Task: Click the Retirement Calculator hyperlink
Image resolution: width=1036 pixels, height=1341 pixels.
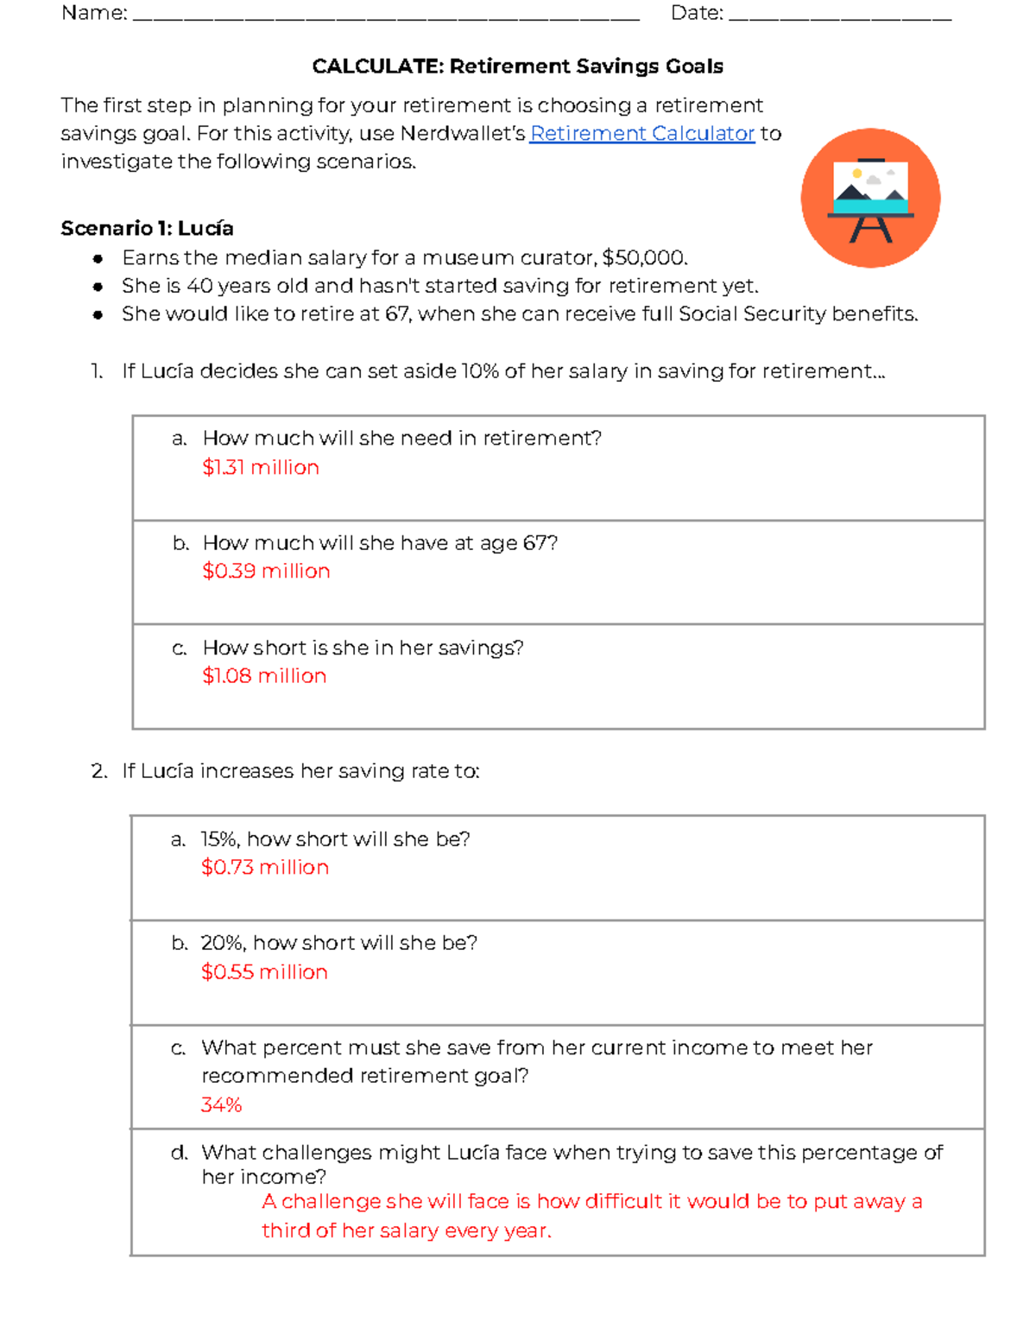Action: (641, 134)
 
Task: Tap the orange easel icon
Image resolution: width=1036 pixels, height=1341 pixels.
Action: (870, 198)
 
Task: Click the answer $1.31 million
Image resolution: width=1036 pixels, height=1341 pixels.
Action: (261, 467)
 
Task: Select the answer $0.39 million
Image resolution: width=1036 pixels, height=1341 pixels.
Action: (266, 571)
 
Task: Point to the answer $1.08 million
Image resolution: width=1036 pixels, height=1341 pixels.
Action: (264, 675)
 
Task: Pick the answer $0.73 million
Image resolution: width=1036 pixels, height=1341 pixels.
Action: (265, 867)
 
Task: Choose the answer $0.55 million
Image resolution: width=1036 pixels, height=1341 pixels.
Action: (264, 971)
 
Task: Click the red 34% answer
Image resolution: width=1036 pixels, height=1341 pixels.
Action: (221, 1104)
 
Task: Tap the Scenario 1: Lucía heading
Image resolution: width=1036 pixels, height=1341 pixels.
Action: (147, 228)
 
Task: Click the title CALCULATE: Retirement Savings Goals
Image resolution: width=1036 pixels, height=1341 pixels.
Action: (517, 66)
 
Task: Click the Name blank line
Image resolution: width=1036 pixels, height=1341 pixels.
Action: (386, 15)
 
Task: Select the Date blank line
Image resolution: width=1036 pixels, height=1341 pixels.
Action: (839, 15)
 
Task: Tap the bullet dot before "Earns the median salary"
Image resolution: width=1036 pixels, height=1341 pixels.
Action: (98, 258)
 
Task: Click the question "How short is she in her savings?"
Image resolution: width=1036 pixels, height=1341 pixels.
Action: (363, 648)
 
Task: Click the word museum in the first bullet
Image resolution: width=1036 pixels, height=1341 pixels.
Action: (468, 258)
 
